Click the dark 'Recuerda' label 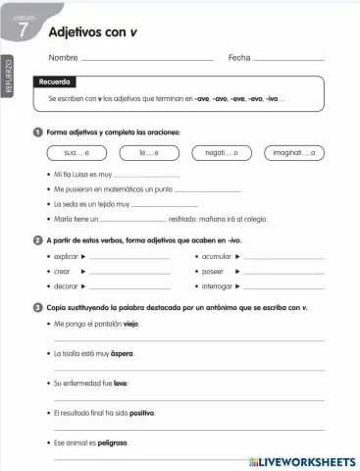pos(55,82)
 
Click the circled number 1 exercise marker pos(37,131)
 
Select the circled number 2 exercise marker pos(37,239)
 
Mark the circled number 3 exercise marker pos(37,307)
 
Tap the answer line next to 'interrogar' pos(283,288)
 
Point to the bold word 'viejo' pos(131,323)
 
